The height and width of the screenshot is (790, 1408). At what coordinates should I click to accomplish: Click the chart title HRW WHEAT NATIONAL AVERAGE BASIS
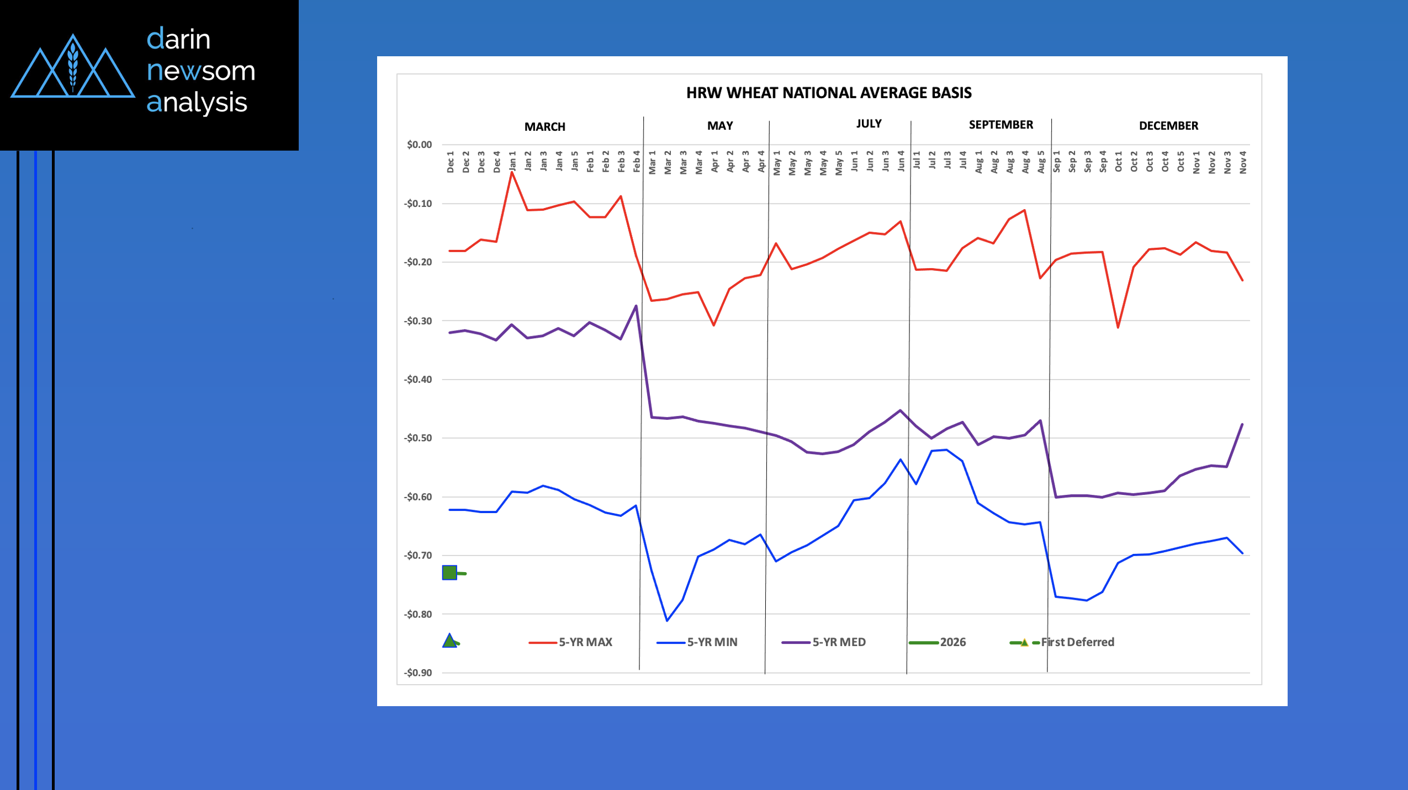click(x=828, y=93)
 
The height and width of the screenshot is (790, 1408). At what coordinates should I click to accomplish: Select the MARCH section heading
click(x=544, y=127)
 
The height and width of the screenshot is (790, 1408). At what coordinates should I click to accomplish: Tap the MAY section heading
click(x=720, y=126)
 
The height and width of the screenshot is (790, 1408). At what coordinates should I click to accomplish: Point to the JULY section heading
click(x=869, y=124)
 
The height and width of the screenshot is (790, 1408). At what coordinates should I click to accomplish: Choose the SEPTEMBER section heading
click(x=1001, y=125)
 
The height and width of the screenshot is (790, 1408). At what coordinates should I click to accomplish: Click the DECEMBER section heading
click(x=1168, y=126)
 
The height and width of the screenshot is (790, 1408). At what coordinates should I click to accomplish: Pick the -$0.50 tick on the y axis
click(x=418, y=438)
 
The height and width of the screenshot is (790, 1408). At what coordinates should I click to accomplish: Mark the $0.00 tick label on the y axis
click(x=419, y=145)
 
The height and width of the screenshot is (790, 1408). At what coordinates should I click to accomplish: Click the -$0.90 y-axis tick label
click(x=418, y=672)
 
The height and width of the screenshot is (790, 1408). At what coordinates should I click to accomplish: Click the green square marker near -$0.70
click(x=449, y=573)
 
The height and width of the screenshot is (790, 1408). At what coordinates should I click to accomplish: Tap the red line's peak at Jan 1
click(x=512, y=172)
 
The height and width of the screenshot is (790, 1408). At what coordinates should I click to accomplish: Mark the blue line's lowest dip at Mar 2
click(x=667, y=621)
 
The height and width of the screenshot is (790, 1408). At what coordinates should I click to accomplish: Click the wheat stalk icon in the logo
click(x=72, y=66)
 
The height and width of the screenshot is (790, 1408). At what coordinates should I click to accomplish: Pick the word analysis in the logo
click(x=197, y=103)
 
